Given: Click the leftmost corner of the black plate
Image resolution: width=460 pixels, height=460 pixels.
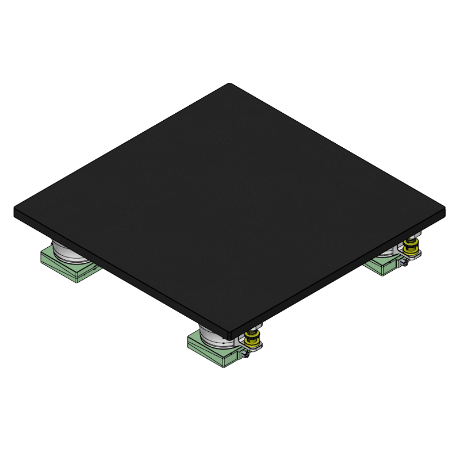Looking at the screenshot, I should (x=16, y=211).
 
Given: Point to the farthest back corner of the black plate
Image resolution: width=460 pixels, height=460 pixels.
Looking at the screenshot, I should (x=231, y=84).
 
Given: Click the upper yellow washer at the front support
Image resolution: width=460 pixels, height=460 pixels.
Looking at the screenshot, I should (x=251, y=335).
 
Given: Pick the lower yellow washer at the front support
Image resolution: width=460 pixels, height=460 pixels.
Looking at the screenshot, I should (x=252, y=344).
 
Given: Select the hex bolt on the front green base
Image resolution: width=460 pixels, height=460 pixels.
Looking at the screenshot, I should (x=246, y=355).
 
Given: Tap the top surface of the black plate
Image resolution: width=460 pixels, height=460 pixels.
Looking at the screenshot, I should (x=230, y=201).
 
